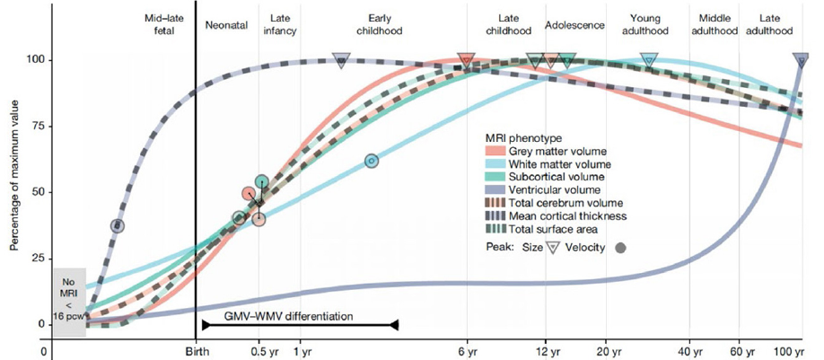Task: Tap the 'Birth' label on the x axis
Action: pos(196,351)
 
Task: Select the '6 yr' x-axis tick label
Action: pos(466,351)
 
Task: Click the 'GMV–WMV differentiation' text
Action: pos(300,316)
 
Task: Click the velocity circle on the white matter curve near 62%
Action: pos(371,161)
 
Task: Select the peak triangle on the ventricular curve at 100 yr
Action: pos(801,61)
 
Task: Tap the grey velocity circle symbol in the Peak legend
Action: pos(620,247)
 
